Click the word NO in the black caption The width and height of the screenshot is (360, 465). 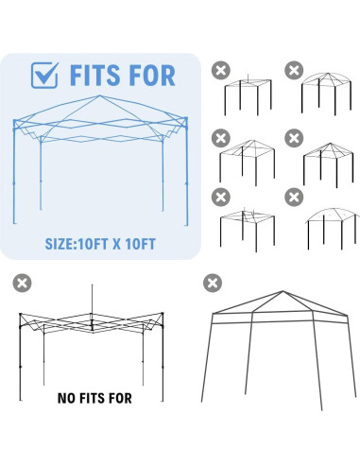pyautogui.click(x=67, y=397)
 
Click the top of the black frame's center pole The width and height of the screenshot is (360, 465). pyautogui.click(x=92, y=286)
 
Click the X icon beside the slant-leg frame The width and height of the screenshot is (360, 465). pyautogui.click(x=214, y=281)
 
